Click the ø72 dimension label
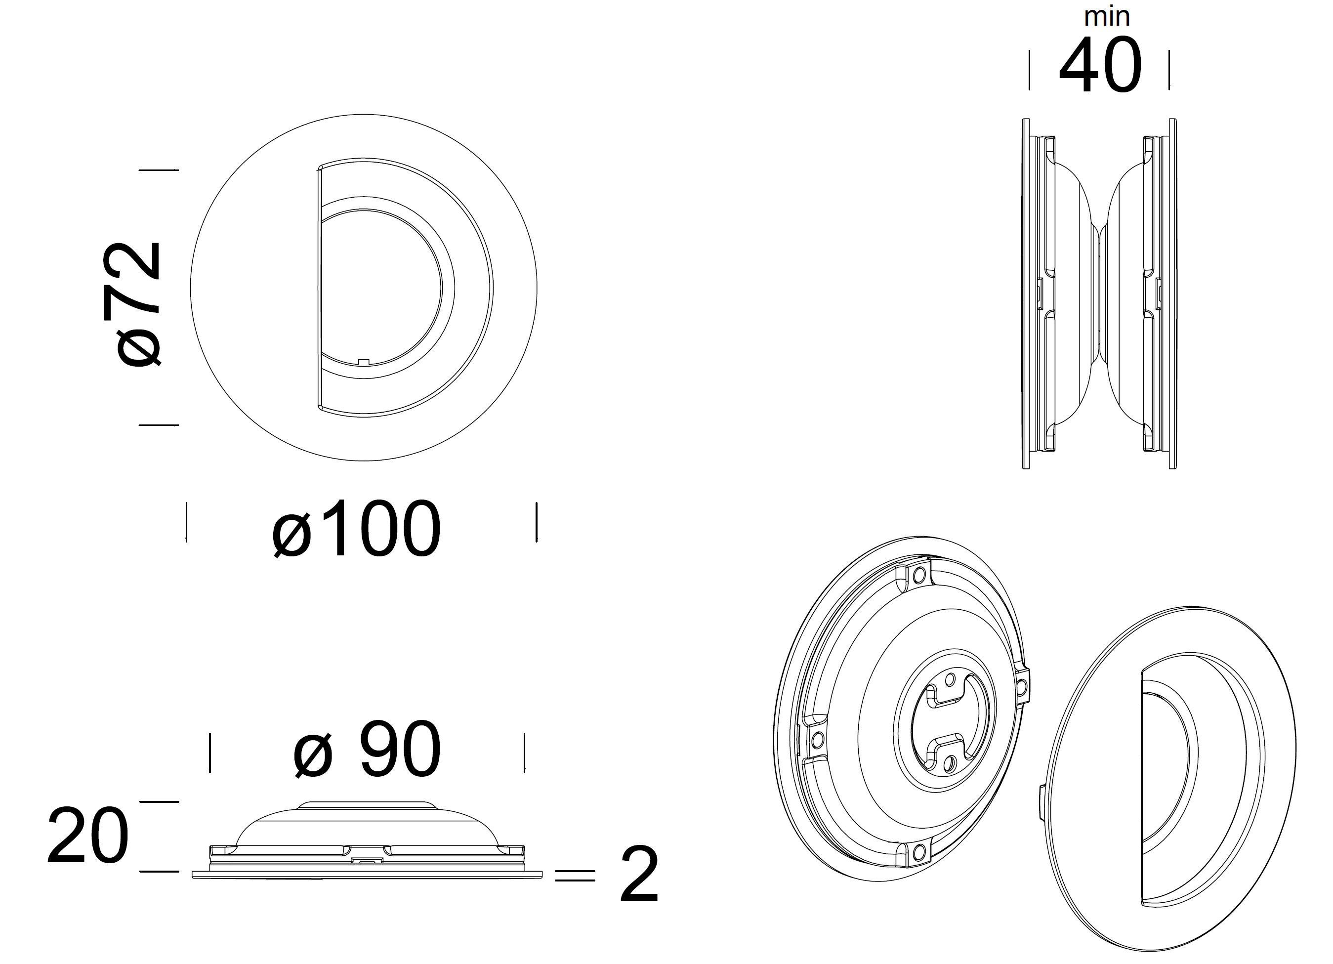[131, 303]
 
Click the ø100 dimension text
[356, 528]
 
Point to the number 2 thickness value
[639, 874]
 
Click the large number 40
[1100, 65]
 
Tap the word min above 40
[1107, 16]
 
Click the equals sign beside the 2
[574, 877]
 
